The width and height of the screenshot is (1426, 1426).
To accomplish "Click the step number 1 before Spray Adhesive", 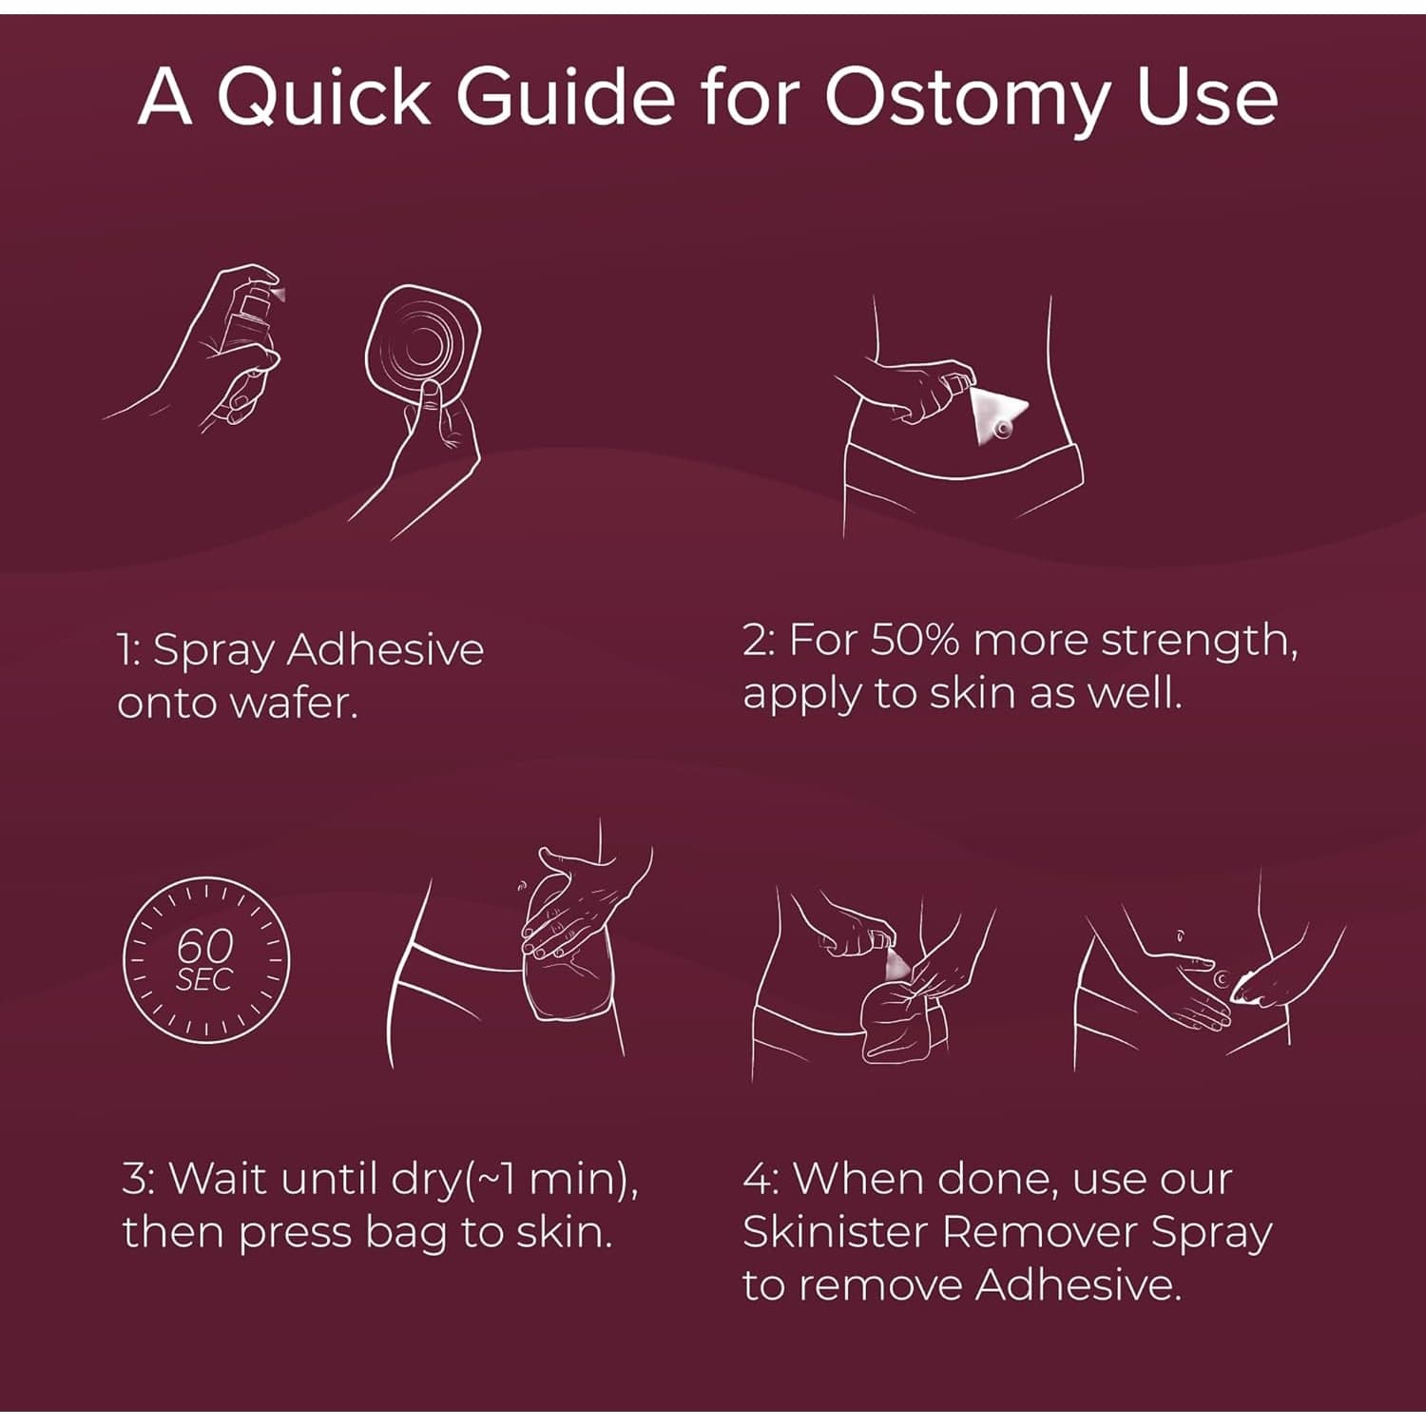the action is click(126, 650).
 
